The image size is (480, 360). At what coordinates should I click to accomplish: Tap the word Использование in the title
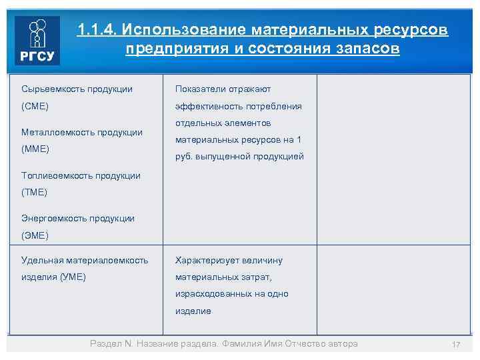[x=184, y=31]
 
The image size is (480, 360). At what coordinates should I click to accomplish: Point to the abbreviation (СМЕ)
[x=35, y=106]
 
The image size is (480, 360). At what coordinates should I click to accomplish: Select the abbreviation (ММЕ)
[x=35, y=149]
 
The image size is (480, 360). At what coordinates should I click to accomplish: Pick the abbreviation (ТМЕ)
[x=35, y=192]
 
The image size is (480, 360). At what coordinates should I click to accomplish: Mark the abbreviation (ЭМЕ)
[x=35, y=235]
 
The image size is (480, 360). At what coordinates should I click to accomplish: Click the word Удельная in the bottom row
[x=41, y=261]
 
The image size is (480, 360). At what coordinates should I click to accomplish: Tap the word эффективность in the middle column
[x=205, y=106]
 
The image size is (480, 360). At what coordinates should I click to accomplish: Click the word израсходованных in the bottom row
[x=209, y=294]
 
